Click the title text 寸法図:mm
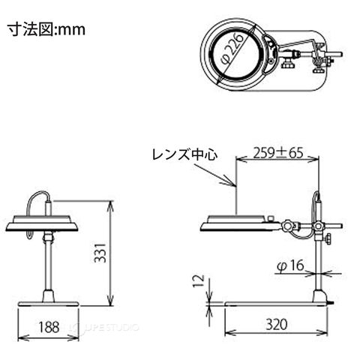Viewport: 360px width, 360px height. click(46, 30)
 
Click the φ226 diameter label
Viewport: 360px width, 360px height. click(232, 49)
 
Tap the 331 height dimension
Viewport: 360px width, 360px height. click(100, 253)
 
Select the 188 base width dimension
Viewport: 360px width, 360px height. click(49, 327)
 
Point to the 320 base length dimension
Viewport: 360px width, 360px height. click(276, 325)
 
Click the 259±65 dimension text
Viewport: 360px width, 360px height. click(278, 153)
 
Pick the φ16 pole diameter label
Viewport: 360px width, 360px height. click(290, 265)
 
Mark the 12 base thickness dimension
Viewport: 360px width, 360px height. click(199, 281)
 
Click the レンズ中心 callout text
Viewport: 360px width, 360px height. click(185, 154)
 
